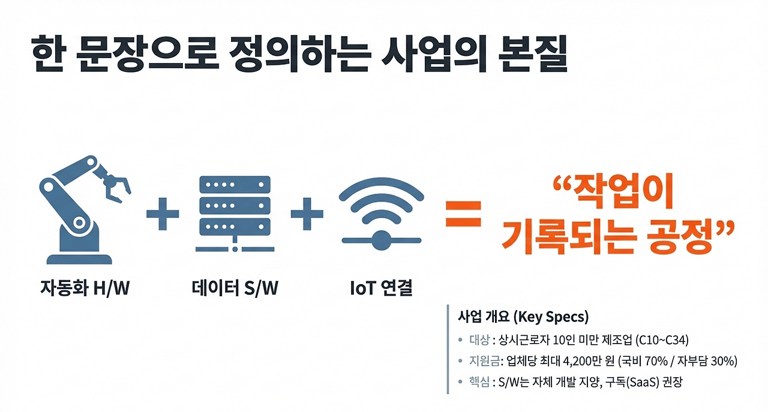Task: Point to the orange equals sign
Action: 463,213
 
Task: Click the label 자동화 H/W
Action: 85,289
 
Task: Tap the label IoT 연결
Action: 381,289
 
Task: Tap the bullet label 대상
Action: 479,340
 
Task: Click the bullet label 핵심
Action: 479,382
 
